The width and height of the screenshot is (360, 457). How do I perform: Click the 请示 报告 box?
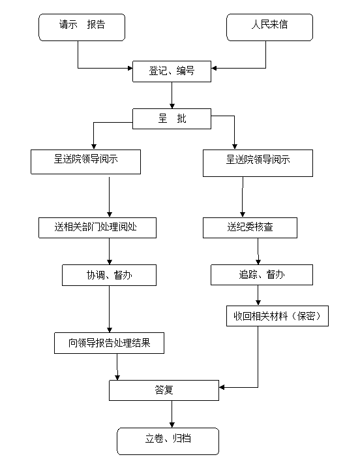82,27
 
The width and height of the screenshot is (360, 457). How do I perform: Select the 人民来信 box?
270,27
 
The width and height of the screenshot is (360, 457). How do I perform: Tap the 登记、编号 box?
172,71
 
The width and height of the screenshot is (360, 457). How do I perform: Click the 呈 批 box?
172,119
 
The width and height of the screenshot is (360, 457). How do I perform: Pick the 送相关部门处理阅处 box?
98,228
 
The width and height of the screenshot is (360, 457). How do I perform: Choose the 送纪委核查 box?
250,228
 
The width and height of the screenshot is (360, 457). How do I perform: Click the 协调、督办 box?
109,275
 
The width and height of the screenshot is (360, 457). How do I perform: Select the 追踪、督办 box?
262,275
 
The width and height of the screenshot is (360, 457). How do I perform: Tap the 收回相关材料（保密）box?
278,316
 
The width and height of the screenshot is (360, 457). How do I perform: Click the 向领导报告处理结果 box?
109,343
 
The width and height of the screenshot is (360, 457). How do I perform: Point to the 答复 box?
164,390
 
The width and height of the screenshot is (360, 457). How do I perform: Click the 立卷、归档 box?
168,441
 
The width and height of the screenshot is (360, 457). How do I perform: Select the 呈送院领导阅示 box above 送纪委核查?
258,163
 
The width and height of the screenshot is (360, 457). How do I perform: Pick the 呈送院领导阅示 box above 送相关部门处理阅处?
86,162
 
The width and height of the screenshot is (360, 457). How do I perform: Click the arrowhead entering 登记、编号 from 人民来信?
214,68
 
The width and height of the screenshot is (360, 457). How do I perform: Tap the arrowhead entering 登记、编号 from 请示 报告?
130,68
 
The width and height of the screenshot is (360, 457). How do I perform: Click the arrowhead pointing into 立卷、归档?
172,425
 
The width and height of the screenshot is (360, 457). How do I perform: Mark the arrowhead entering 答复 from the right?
222,387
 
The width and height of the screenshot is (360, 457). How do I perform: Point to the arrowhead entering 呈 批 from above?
172,106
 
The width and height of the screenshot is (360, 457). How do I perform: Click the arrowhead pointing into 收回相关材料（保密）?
258,303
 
